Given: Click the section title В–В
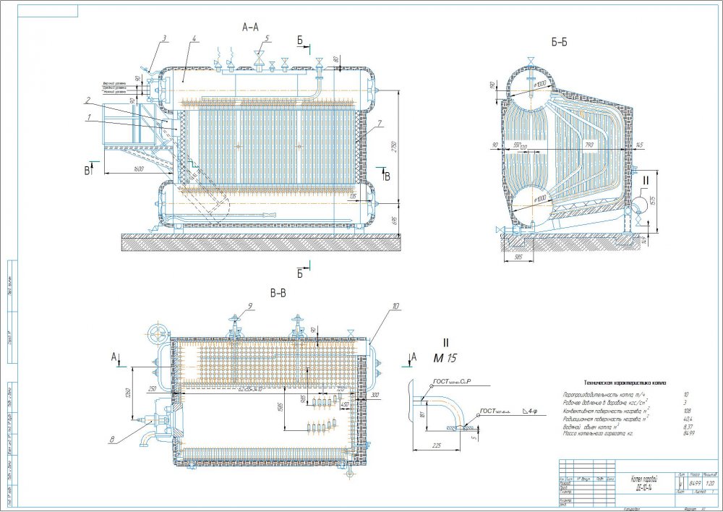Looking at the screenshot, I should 278,294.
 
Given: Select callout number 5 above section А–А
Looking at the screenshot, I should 267,38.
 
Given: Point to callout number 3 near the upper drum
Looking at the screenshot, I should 164,38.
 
